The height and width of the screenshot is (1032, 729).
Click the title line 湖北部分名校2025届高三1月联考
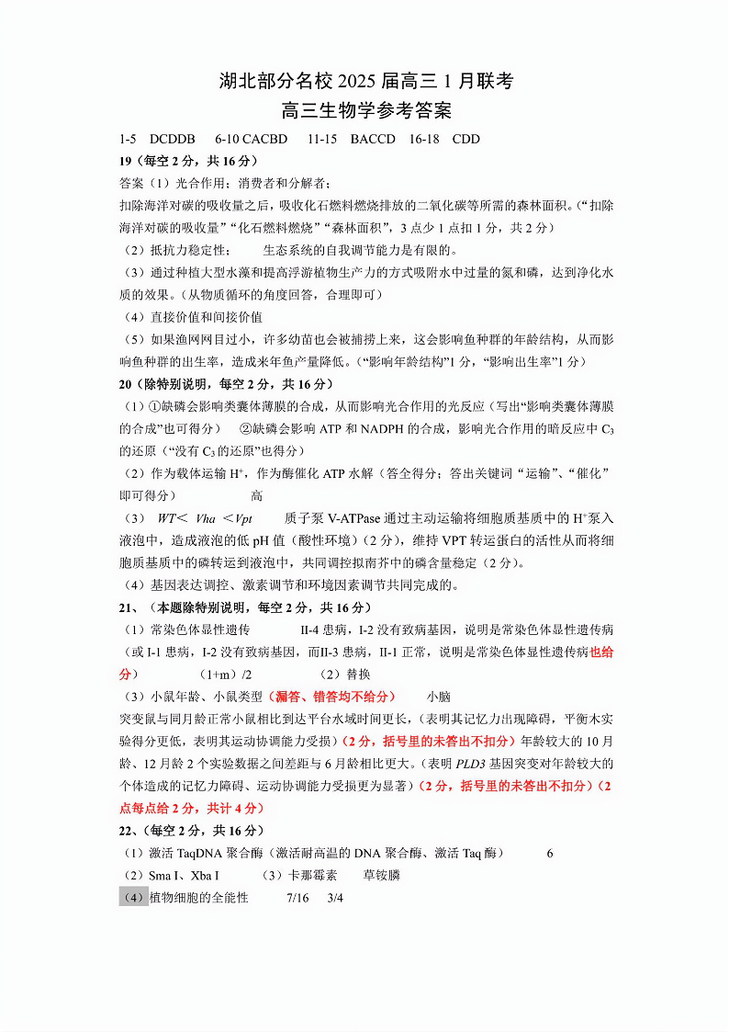365,81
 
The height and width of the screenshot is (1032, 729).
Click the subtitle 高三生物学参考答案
365,111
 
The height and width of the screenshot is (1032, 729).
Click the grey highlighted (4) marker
133,898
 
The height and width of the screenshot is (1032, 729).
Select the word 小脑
438,697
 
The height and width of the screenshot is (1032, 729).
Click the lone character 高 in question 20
257,495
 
